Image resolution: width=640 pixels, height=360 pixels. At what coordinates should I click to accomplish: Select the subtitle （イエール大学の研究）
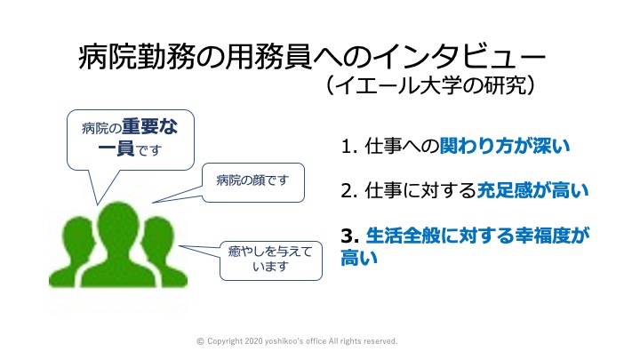click(x=430, y=85)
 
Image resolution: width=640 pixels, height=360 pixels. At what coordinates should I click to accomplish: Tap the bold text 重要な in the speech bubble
click(x=150, y=126)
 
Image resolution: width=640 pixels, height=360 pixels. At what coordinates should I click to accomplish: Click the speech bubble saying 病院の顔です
click(x=253, y=182)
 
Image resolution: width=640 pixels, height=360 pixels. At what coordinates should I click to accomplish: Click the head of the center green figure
click(x=118, y=224)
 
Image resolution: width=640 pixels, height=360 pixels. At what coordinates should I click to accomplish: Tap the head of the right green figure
click(x=158, y=236)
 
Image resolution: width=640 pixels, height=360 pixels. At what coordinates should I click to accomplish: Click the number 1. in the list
click(x=349, y=147)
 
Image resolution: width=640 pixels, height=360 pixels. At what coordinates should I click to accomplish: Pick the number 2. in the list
click(x=349, y=190)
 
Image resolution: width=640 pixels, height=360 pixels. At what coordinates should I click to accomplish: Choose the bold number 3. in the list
click(x=350, y=236)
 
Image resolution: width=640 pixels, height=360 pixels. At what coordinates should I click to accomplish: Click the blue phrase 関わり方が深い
click(x=505, y=146)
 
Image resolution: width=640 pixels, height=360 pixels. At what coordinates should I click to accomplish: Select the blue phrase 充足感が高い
click(x=532, y=190)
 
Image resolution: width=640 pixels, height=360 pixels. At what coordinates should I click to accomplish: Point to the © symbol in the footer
click(x=200, y=341)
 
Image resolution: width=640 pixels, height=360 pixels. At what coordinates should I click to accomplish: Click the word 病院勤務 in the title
click(x=136, y=57)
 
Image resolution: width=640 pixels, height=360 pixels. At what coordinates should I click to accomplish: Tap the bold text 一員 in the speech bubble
click(x=116, y=148)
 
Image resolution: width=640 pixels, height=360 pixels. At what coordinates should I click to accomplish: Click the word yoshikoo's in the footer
click(x=284, y=341)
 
